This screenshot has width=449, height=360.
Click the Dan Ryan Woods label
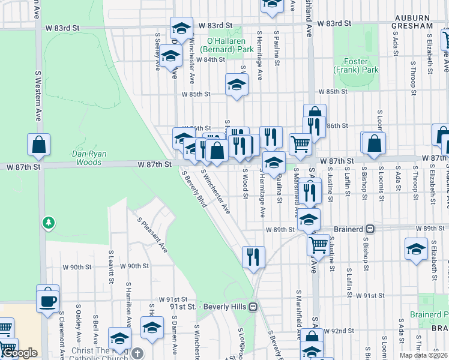point(89,158)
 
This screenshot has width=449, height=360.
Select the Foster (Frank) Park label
point(360,65)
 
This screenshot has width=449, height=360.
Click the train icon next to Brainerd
point(371,229)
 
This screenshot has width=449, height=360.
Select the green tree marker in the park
point(49,223)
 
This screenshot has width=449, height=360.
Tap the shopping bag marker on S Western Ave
point(39,145)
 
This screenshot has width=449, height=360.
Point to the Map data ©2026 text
point(422,355)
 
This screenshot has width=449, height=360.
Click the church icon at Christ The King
point(138,353)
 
